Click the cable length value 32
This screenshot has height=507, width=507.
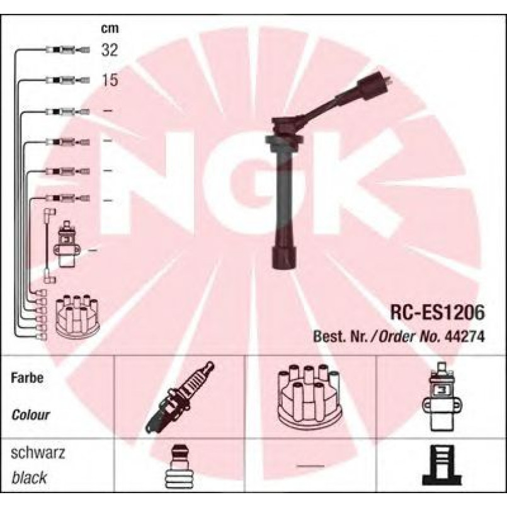110,50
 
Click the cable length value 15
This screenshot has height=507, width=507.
110,81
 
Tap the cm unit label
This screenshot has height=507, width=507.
110,28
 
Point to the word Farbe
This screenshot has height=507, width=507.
26,379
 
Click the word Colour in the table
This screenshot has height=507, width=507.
31,416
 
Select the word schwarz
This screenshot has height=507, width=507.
38,453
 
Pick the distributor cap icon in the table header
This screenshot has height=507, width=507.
308,396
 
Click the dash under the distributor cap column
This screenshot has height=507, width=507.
309,467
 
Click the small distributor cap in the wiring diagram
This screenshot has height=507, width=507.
73,315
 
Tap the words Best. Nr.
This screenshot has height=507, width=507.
341,337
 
